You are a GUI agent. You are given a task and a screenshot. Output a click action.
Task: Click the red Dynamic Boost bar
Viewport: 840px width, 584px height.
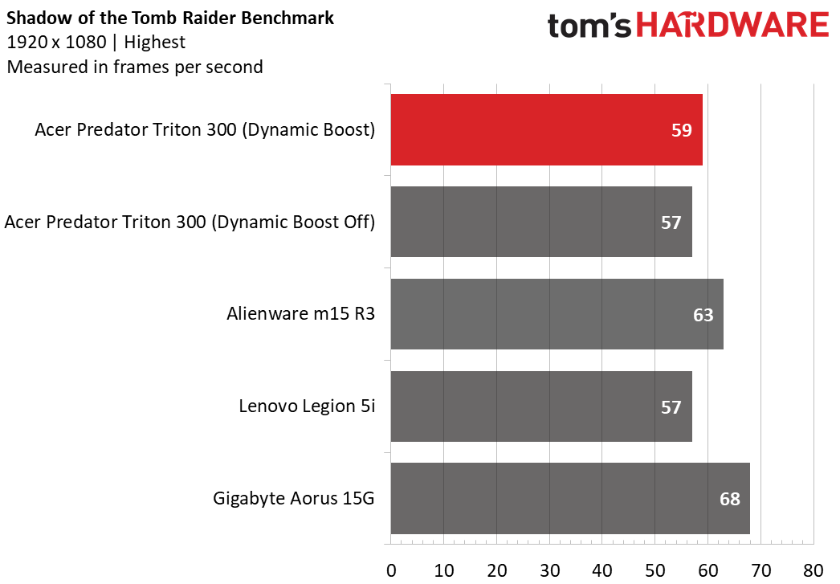[546, 129]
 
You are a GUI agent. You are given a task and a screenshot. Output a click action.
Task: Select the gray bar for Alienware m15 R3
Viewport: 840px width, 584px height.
[557, 314]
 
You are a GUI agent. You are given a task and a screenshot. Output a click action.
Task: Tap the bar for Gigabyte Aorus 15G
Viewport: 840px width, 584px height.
[570, 498]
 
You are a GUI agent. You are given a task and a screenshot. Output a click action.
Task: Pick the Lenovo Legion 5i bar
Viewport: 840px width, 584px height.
[541, 406]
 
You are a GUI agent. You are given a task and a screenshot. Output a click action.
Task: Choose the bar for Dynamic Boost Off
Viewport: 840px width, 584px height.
[541, 222]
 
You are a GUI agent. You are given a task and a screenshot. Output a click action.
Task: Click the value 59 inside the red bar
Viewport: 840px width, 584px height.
[682, 130]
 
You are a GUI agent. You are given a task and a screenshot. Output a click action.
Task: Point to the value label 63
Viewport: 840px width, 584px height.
[703, 315]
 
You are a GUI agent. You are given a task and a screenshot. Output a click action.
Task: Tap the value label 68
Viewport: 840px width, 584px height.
[730, 499]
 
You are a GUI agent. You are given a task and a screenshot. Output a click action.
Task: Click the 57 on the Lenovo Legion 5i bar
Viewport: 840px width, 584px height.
[671, 407]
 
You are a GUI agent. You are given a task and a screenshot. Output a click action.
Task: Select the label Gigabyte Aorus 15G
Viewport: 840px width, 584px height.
[294, 498]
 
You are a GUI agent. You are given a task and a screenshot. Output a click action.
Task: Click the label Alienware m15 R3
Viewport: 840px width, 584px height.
[300, 313]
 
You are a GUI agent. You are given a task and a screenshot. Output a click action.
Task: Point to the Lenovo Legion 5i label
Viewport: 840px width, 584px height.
[307, 406]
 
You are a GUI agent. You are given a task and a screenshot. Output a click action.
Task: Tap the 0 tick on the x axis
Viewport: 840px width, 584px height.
[391, 570]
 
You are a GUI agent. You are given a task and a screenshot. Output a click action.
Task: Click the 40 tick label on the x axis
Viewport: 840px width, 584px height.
[602, 570]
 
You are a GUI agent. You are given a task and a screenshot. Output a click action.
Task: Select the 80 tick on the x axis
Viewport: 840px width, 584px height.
[813, 570]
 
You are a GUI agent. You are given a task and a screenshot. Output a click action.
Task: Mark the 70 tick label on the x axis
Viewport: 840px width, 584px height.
[760, 570]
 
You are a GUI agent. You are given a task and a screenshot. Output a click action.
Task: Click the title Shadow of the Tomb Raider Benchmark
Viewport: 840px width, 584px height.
[169, 18]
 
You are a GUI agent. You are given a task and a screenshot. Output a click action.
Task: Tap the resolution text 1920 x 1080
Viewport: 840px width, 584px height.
[56, 42]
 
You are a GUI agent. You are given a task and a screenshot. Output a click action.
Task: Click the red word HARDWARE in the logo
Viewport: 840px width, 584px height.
[732, 25]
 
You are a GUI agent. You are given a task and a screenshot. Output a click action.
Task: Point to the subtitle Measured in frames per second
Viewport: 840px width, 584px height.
[134, 67]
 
